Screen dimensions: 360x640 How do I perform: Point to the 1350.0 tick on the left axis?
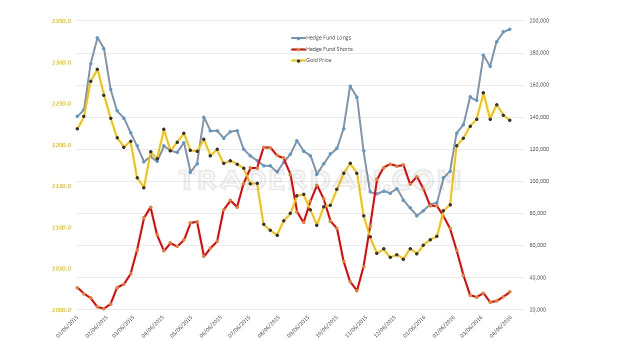(61, 21)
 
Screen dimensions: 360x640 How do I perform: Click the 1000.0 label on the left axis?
(61, 310)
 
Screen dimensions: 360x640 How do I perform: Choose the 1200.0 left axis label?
(61, 145)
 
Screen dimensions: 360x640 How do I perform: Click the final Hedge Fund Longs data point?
(509, 29)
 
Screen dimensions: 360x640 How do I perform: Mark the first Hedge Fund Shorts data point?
(77, 287)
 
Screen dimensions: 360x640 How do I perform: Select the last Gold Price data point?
(509, 120)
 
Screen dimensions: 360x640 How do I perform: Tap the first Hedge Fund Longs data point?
(77, 116)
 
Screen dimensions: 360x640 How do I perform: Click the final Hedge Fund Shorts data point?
(509, 291)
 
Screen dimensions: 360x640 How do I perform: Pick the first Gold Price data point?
(77, 129)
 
